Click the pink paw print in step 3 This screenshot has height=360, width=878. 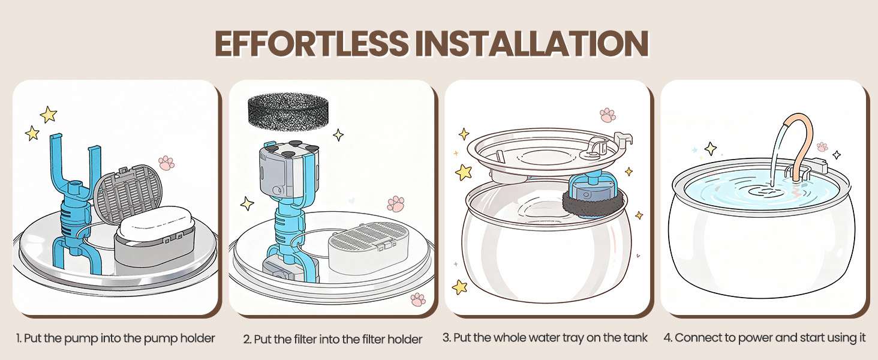pos(607,115)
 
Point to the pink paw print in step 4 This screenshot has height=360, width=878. pos(822,146)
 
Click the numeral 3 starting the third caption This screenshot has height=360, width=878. pos(446,338)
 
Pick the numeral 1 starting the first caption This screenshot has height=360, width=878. pos(18,338)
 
